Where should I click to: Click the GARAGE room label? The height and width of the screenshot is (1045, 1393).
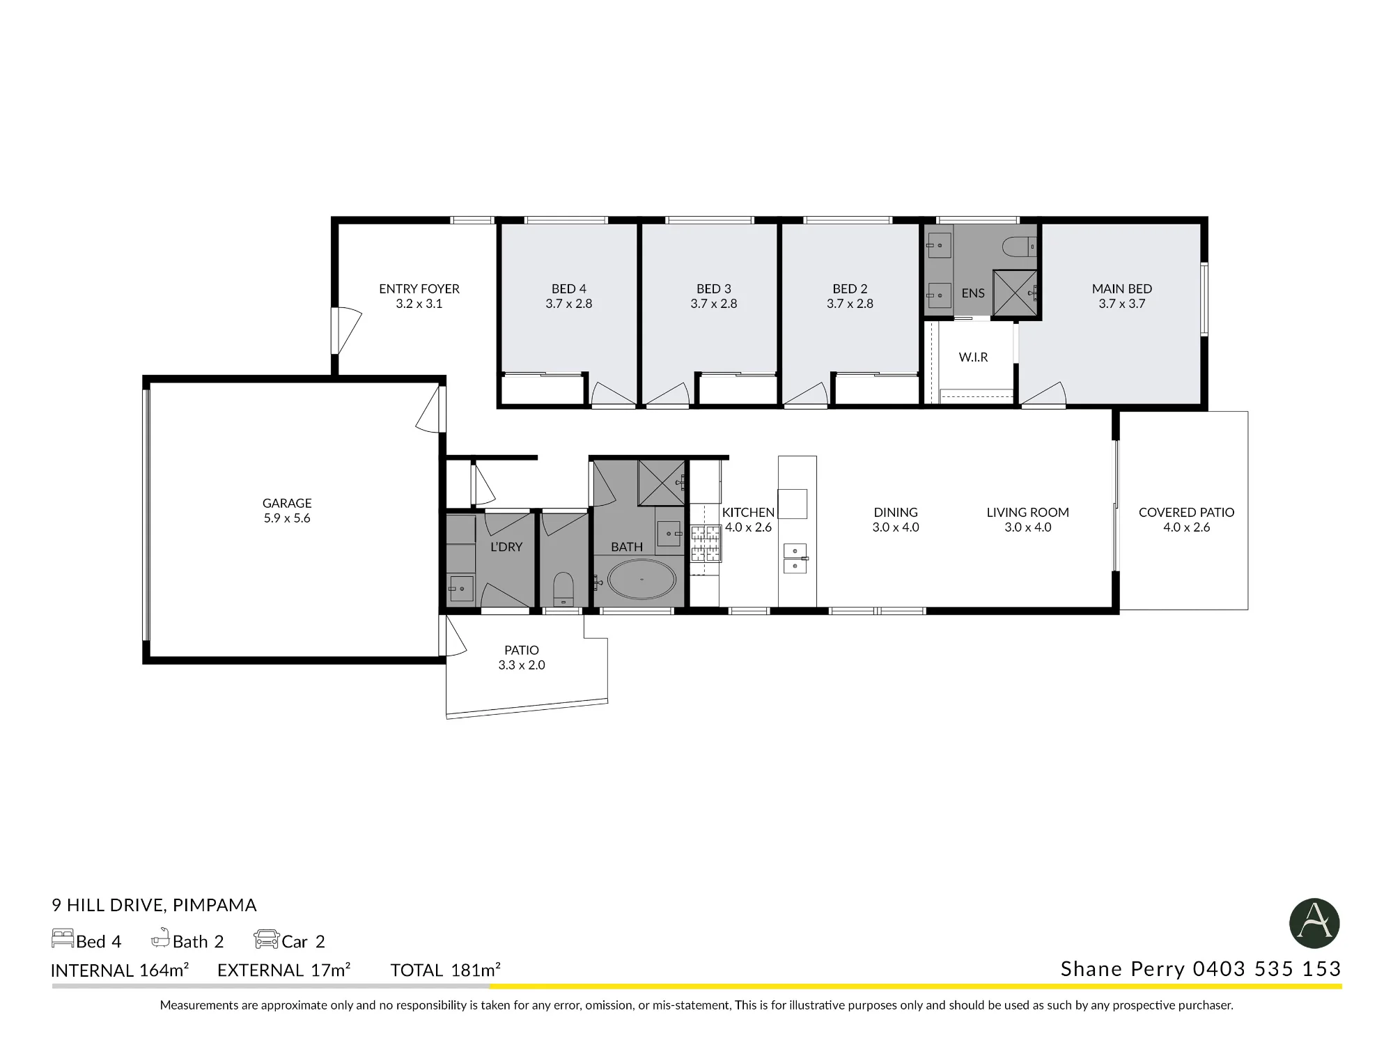pos(287,503)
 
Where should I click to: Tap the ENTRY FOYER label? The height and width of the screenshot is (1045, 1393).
pos(419,288)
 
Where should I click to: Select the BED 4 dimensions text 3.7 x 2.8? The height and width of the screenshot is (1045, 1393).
pos(569,304)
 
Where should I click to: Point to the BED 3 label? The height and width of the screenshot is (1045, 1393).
pos(714,288)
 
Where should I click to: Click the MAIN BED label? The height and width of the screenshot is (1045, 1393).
pos(1122,288)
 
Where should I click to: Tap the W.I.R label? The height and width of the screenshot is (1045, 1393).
pos(973,357)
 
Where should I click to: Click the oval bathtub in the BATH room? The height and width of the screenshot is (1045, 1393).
pos(641,579)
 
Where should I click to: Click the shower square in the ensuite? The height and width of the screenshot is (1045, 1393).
pos(1015,293)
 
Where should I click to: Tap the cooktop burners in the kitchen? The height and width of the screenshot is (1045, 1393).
pos(706,544)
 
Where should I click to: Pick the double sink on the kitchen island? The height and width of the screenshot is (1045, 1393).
pos(795,558)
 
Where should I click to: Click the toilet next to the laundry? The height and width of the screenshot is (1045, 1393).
pos(563,589)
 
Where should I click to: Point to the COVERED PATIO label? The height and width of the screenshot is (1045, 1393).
pos(1186,512)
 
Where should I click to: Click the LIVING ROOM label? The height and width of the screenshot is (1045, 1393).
pos(1027,512)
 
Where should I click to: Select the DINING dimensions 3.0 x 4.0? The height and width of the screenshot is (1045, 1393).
pos(896,527)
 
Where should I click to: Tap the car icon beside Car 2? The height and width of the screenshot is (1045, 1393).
pos(266,939)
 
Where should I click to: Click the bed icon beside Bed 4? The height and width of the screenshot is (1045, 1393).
pos(63,938)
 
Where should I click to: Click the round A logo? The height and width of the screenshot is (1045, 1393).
pos(1314,924)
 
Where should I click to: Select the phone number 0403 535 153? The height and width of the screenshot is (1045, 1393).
pos(1267,969)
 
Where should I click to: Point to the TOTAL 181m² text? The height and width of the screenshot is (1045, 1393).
pos(446,970)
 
